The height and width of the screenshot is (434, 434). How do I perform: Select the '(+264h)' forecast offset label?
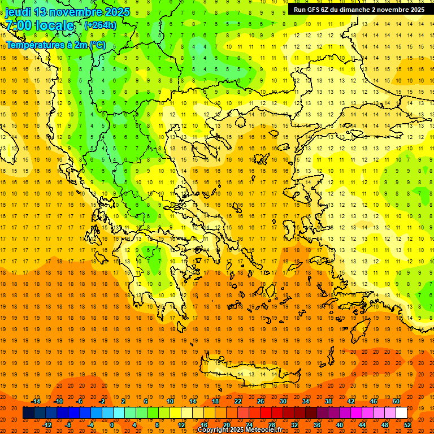click(100, 25)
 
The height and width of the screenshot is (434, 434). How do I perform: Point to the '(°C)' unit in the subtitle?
click(96, 45)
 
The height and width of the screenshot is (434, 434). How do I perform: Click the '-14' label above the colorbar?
click(36, 401)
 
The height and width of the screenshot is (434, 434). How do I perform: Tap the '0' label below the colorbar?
click(111, 425)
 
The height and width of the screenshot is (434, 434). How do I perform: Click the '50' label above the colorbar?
click(396, 401)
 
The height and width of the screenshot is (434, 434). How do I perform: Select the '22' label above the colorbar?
click(238, 401)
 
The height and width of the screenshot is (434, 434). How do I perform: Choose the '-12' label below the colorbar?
click(47, 425)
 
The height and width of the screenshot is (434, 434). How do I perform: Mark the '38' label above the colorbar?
click(328, 401)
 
